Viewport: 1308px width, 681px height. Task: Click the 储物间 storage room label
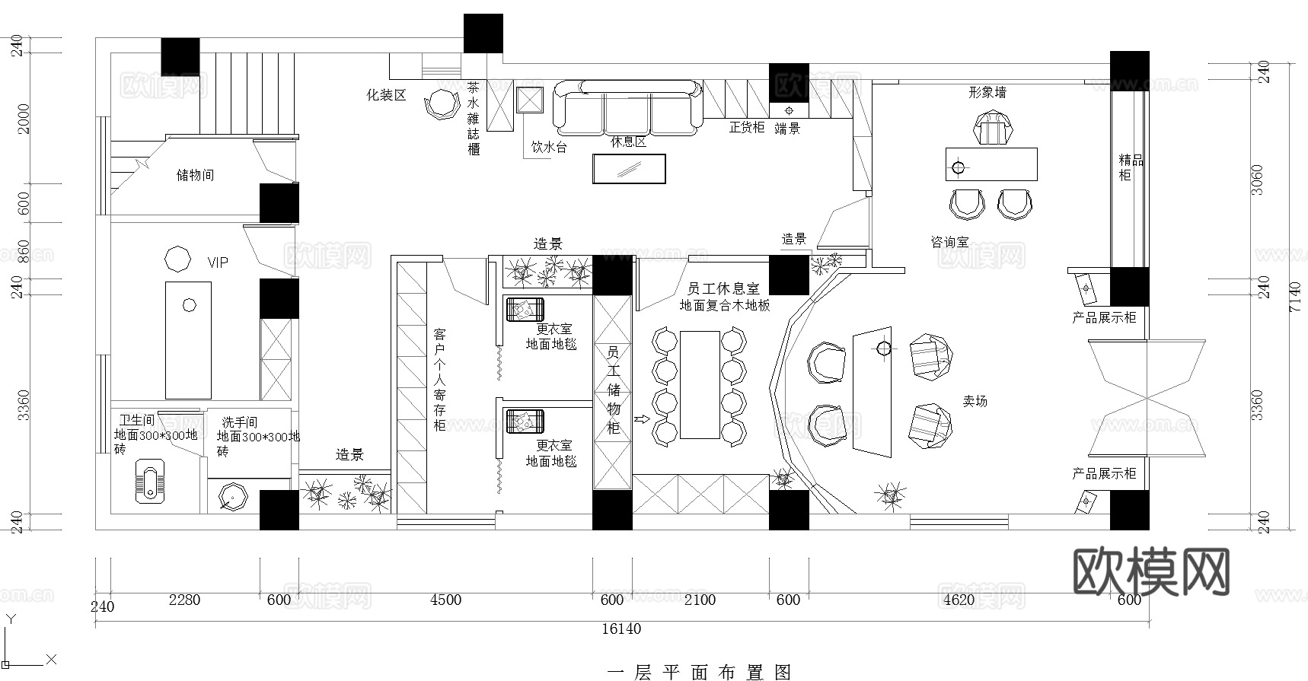(195, 175)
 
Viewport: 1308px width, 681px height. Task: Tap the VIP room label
(218, 263)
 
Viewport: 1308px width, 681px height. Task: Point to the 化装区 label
(386, 95)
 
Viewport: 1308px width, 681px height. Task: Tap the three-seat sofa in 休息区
(627, 107)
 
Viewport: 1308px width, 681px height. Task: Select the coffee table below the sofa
(629, 169)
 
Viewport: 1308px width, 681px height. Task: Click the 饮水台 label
(549, 147)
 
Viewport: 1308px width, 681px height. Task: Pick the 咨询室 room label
(949, 242)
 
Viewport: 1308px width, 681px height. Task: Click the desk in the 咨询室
(991, 164)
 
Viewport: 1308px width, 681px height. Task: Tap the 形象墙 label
(987, 92)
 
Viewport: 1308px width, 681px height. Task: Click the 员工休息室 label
(723, 289)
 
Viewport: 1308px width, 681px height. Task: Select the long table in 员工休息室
(700, 384)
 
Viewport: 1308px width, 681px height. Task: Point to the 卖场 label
(975, 400)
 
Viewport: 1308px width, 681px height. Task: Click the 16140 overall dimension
(621, 628)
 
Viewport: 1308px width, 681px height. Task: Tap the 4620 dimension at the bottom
(959, 600)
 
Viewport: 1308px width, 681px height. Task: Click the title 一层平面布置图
(700, 672)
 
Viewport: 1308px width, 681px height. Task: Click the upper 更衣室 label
(554, 329)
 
